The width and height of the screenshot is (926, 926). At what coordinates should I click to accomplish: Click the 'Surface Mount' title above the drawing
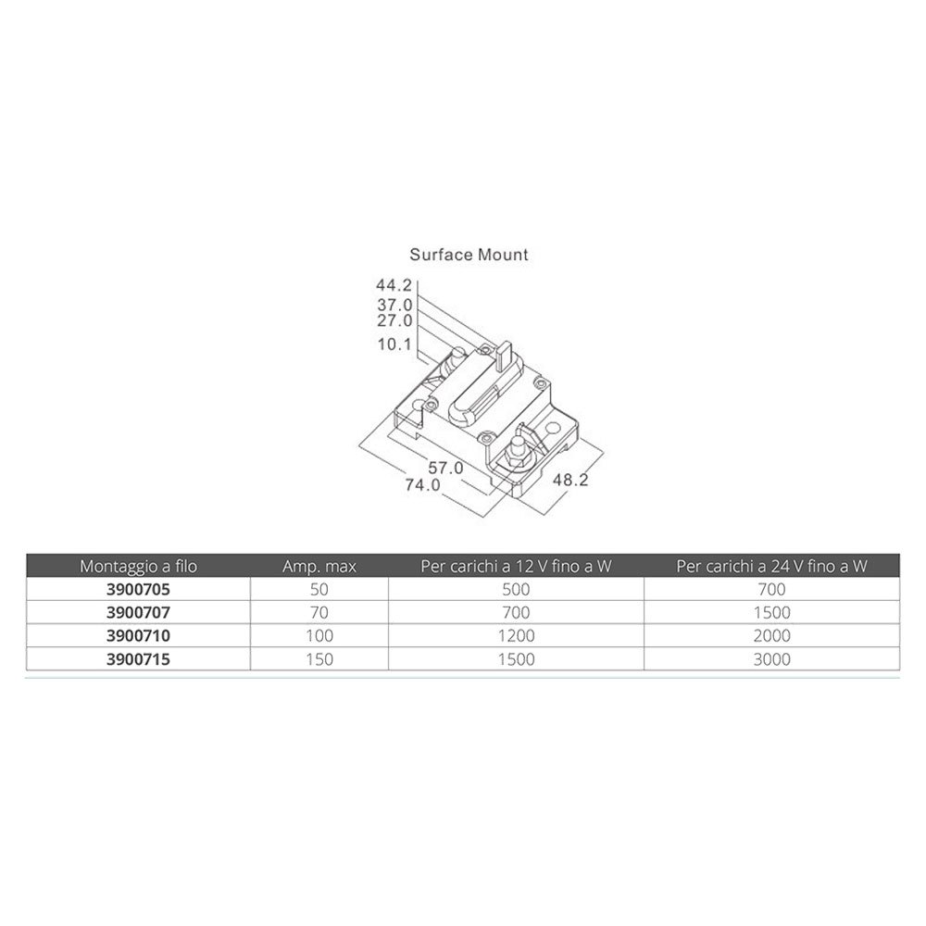point(469,255)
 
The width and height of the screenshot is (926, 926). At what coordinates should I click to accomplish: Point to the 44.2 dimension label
point(394,285)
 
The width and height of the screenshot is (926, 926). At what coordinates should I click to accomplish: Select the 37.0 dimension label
point(394,306)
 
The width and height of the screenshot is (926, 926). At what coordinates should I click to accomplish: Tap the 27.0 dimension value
point(394,320)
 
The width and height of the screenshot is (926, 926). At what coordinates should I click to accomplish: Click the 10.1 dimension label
point(394,344)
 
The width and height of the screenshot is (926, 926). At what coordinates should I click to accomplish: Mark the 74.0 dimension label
point(423,485)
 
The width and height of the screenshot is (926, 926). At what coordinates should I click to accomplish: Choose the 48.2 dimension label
point(570,480)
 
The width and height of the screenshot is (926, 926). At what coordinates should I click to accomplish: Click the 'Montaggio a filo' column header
point(138,567)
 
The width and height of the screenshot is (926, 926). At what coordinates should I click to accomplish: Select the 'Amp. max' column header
point(319,567)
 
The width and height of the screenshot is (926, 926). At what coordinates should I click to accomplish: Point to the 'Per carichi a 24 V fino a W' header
point(772,567)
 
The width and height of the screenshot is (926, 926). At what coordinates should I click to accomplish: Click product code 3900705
point(138,589)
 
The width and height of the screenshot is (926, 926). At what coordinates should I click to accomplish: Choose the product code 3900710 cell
point(138,636)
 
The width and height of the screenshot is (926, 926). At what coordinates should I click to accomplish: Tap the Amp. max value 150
point(319,659)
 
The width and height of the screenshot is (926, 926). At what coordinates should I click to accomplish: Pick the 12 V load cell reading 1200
point(516,636)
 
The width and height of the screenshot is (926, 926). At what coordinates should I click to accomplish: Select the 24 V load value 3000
point(772,659)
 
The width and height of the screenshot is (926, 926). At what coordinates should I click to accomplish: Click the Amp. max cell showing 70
point(319,613)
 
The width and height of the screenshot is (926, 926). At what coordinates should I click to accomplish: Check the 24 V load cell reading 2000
point(772,636)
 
